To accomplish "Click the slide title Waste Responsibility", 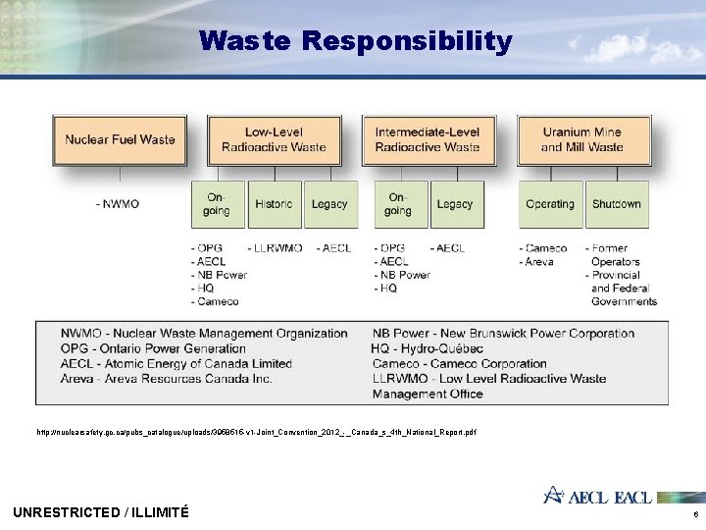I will coord(355,41).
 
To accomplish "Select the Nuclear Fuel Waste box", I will coord(120,139).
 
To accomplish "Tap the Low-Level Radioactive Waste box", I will coord(274,139).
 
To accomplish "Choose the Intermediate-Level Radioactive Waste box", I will coord(428,139).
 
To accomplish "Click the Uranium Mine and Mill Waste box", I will coord(582,139).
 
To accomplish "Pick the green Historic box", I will coord(274,204).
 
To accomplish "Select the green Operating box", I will coord(550,204).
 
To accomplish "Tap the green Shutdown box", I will coord(616,204).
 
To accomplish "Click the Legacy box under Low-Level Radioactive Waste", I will coord(329,204).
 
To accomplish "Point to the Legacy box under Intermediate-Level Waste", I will coord(454,204).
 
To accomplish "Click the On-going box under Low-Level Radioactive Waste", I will coord(217,204).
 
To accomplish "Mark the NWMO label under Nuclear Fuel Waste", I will coord(118,204).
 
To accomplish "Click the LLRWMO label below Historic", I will coord(276,248).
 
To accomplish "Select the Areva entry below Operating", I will coord(538,262).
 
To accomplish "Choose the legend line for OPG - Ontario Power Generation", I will coord(153,348).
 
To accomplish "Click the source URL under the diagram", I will coord(256,432).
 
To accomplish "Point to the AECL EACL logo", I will coord(597,497).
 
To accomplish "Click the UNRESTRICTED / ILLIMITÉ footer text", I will coord(101,511).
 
